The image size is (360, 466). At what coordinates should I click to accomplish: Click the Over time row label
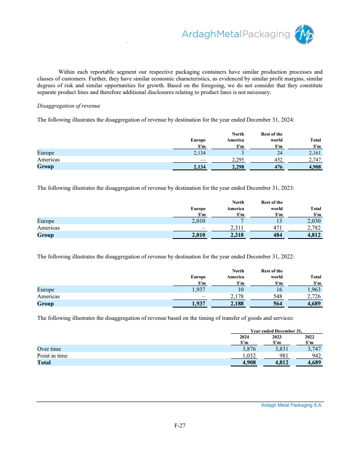tap(49, 349)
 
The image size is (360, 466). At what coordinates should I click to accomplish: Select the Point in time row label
tap(52, 356)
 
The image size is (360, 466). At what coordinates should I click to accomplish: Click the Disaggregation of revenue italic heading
tap(68, 106)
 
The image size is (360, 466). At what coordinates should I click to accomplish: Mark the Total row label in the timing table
tap(44, 363)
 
